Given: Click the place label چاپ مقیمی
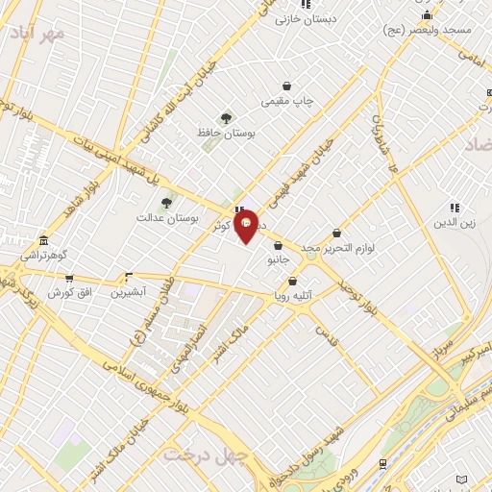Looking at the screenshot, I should tap(286, 100).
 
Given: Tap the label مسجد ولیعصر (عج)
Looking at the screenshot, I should tap(430, 30).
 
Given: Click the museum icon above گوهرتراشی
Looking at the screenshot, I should tap(43, 241).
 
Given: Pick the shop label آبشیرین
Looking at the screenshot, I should tap(128, 291).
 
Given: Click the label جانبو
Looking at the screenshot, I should tap(277, 258).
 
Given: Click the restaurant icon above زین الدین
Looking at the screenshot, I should tap(455, 208).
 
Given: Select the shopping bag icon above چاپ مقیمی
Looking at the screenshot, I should tap(286, 86).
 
